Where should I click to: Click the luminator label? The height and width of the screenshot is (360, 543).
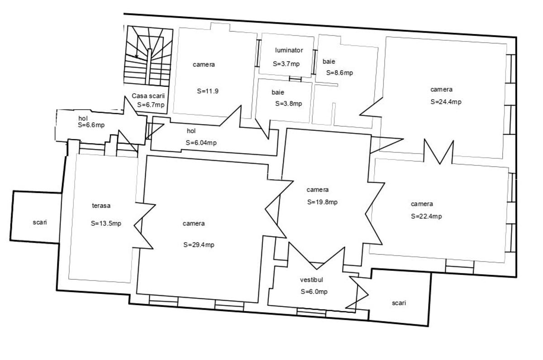[289, 50]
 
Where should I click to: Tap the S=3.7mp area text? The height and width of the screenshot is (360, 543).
[286, 64]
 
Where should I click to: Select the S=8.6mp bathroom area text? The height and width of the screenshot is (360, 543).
[340, 73]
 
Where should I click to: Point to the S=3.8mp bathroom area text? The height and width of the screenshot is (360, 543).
[289, 104]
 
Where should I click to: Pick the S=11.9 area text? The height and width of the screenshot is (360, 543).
[208, 91]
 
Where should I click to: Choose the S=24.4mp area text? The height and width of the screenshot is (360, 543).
[446, 101]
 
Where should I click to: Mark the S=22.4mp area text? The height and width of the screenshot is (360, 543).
[426, 216]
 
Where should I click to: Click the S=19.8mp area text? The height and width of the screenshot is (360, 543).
[322, 202]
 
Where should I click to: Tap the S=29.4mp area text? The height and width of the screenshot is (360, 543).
[199, 245]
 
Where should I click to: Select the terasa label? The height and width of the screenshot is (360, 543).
[101, 206]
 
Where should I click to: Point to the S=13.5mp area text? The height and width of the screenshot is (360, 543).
[106, 223]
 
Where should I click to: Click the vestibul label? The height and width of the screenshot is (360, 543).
[311, 280]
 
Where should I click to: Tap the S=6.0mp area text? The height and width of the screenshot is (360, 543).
[314, 292]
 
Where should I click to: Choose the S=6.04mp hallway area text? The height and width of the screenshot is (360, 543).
[201, 143]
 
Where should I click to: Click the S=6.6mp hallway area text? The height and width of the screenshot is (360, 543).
[91, 125]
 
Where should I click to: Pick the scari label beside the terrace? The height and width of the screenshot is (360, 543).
[40, 222]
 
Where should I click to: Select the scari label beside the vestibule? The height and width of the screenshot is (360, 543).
[399, 303]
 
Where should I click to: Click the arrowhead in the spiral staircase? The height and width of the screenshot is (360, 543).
[137, 57]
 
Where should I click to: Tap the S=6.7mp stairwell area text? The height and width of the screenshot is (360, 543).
[151, 105]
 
